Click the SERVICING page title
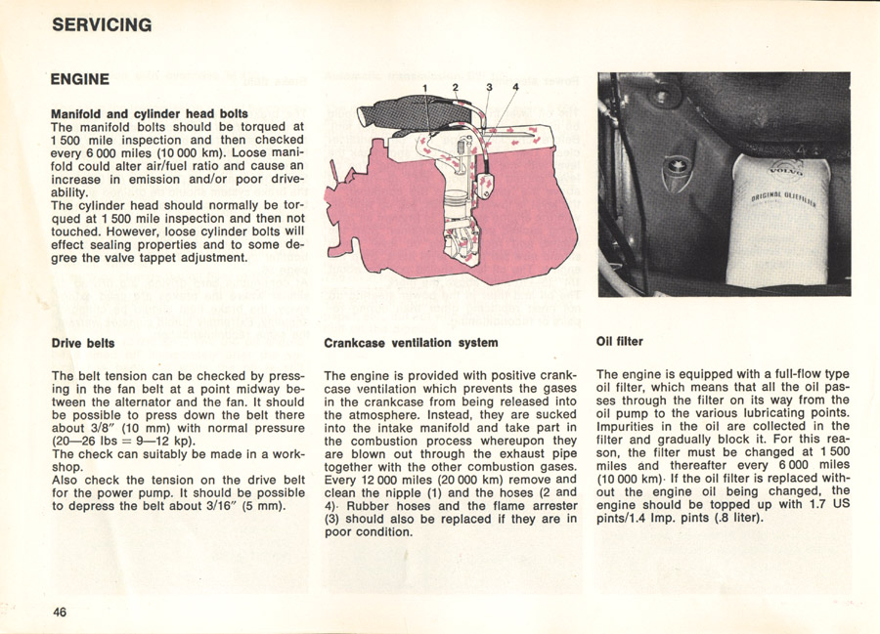(x=102, y=25)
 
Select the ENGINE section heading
(x=80, y=78)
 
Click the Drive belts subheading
(x=83, y=343)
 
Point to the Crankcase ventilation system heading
(x=411, y=343)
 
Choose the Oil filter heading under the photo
(x=619, y=342)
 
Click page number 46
(x=60, y=612)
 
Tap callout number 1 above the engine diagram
(x=426, y=88)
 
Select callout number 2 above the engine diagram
(x=456, y=88)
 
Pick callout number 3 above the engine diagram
(x=489, y=88)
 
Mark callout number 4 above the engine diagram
(x=515, y=88)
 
